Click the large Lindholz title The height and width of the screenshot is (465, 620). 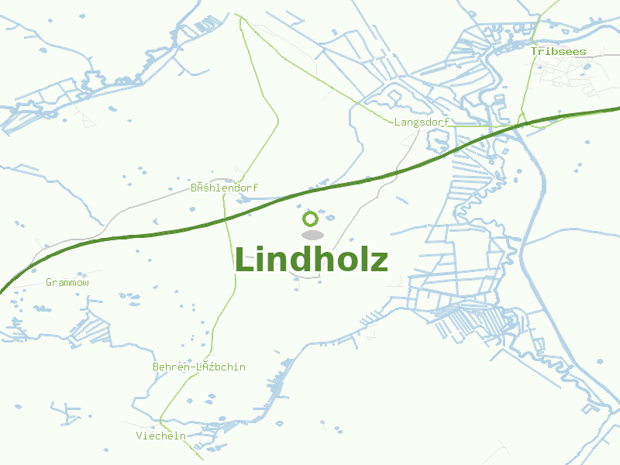311,260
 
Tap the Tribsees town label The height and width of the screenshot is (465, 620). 558,51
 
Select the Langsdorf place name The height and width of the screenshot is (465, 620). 422,122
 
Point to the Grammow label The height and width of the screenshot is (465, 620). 67,283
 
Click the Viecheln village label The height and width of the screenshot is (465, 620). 161,436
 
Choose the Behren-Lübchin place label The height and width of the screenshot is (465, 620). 198,367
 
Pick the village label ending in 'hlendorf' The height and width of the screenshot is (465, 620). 224,188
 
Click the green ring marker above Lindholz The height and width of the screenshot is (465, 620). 311,219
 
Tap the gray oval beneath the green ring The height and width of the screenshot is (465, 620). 312,235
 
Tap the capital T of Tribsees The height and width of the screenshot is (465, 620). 534,51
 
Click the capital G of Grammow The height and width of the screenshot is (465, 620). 49,283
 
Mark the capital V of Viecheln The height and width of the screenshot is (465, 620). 139,436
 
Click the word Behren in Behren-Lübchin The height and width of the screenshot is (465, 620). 170,367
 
